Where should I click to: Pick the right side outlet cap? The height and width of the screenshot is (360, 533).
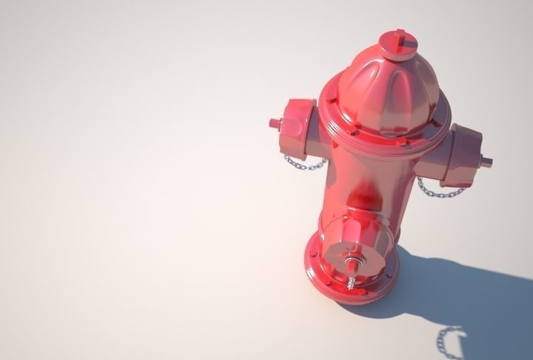pyautogui.click(x=462, y=156)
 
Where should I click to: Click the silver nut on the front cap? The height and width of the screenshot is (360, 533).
pyautogui.click(x=352, y=261)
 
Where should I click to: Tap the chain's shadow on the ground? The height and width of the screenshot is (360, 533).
pyautogui.click(x=448, y=341)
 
